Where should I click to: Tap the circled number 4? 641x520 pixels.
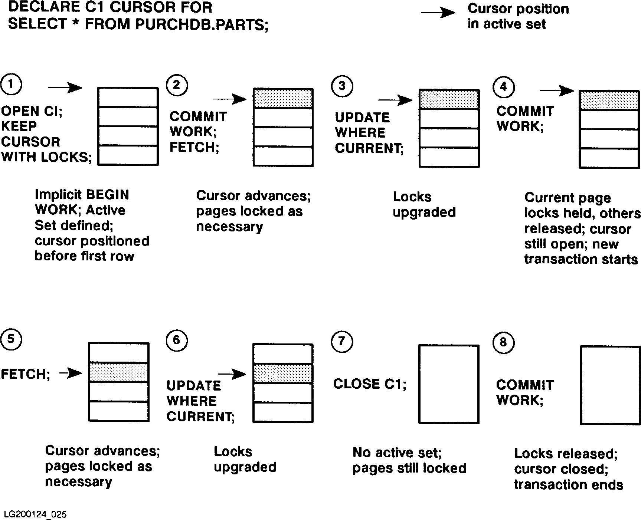(503, 87)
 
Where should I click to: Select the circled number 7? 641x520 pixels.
(341, 342)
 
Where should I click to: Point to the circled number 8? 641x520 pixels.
(503, 342)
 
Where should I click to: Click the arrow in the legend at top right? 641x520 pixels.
(438, 13)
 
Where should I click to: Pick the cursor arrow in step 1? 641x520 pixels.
(65, 88)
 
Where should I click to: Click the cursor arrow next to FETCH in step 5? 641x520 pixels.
(70, 373)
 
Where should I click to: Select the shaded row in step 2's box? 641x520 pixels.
(283, 98)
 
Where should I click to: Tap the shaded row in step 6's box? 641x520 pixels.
(283, 373)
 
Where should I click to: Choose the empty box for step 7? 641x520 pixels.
(449, 384)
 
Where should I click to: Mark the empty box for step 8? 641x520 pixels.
(611, 385)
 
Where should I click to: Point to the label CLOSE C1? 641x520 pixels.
(370, 384)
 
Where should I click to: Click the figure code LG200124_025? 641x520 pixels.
(35, 514)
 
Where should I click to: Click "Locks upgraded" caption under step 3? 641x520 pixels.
(424, 204)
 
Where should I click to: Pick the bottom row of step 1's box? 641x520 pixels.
(128, 155)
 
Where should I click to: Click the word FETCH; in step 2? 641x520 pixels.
(194, 147)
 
